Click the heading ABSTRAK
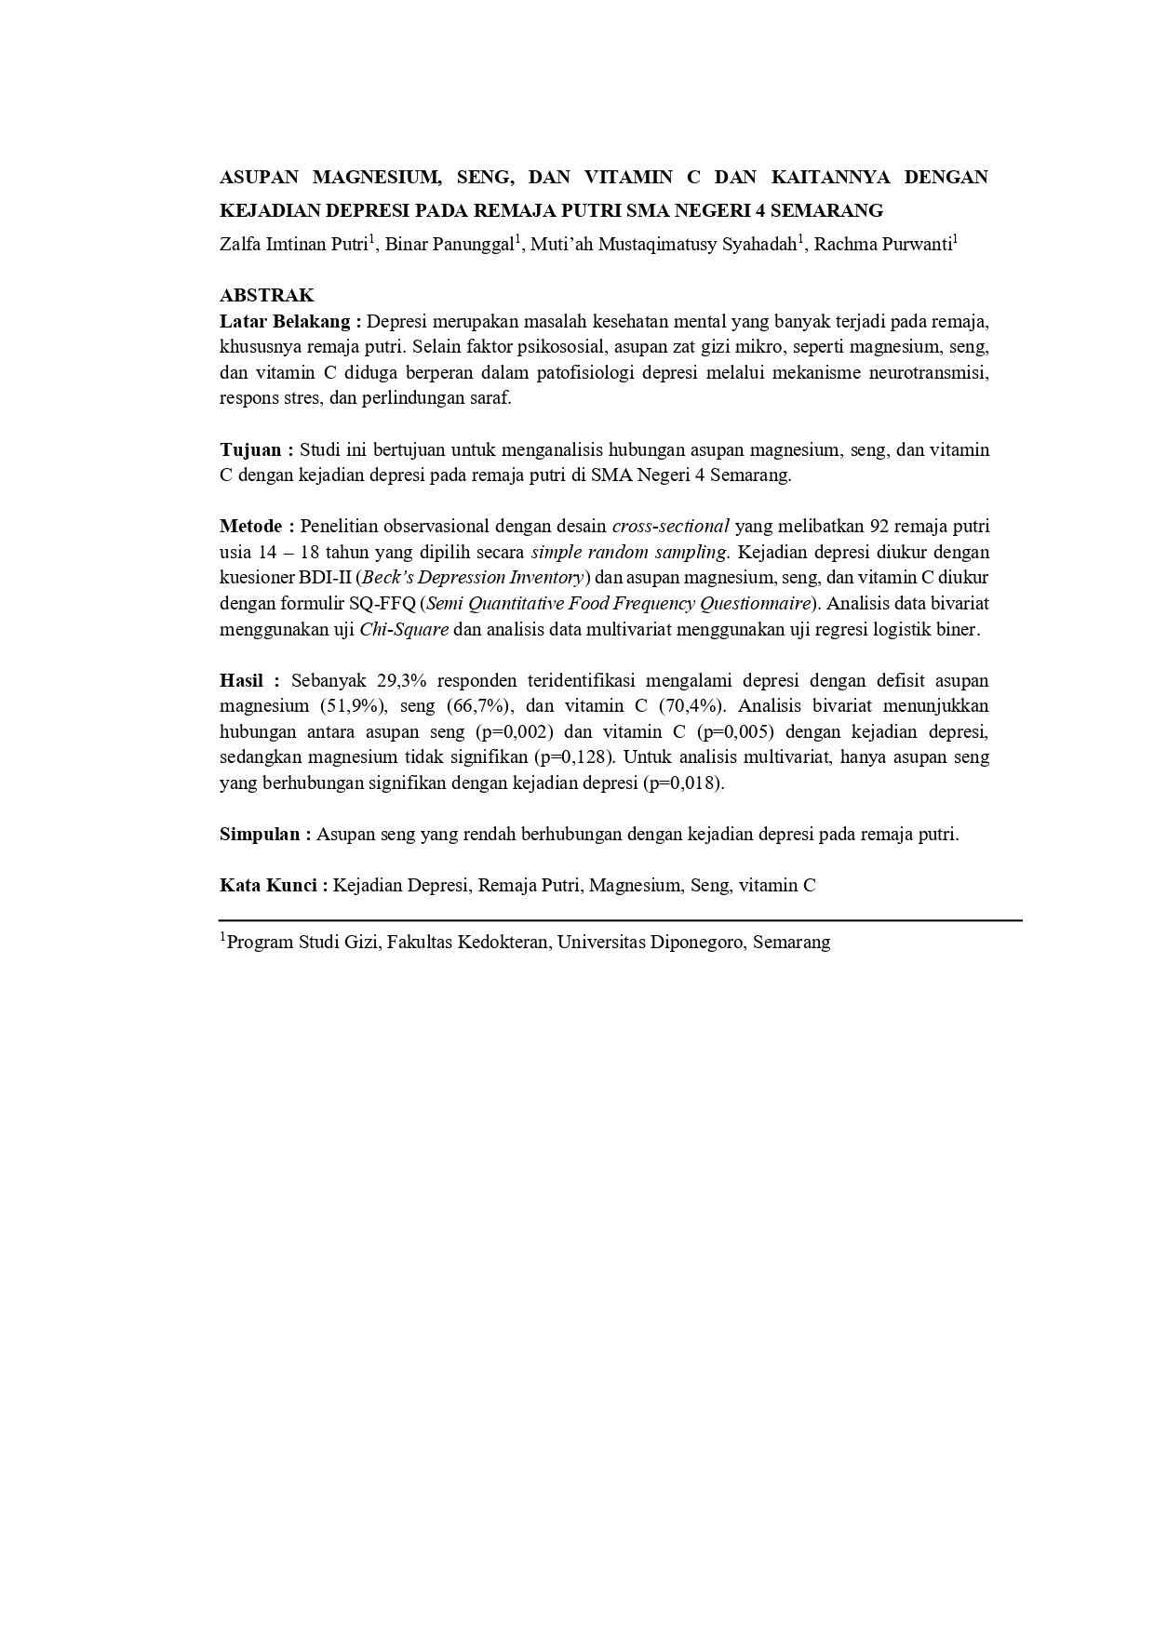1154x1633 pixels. point(266,296)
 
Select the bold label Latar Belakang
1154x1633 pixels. point(285,322)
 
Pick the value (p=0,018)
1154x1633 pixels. point(683,783)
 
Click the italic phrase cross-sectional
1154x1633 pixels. point(670,527)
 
